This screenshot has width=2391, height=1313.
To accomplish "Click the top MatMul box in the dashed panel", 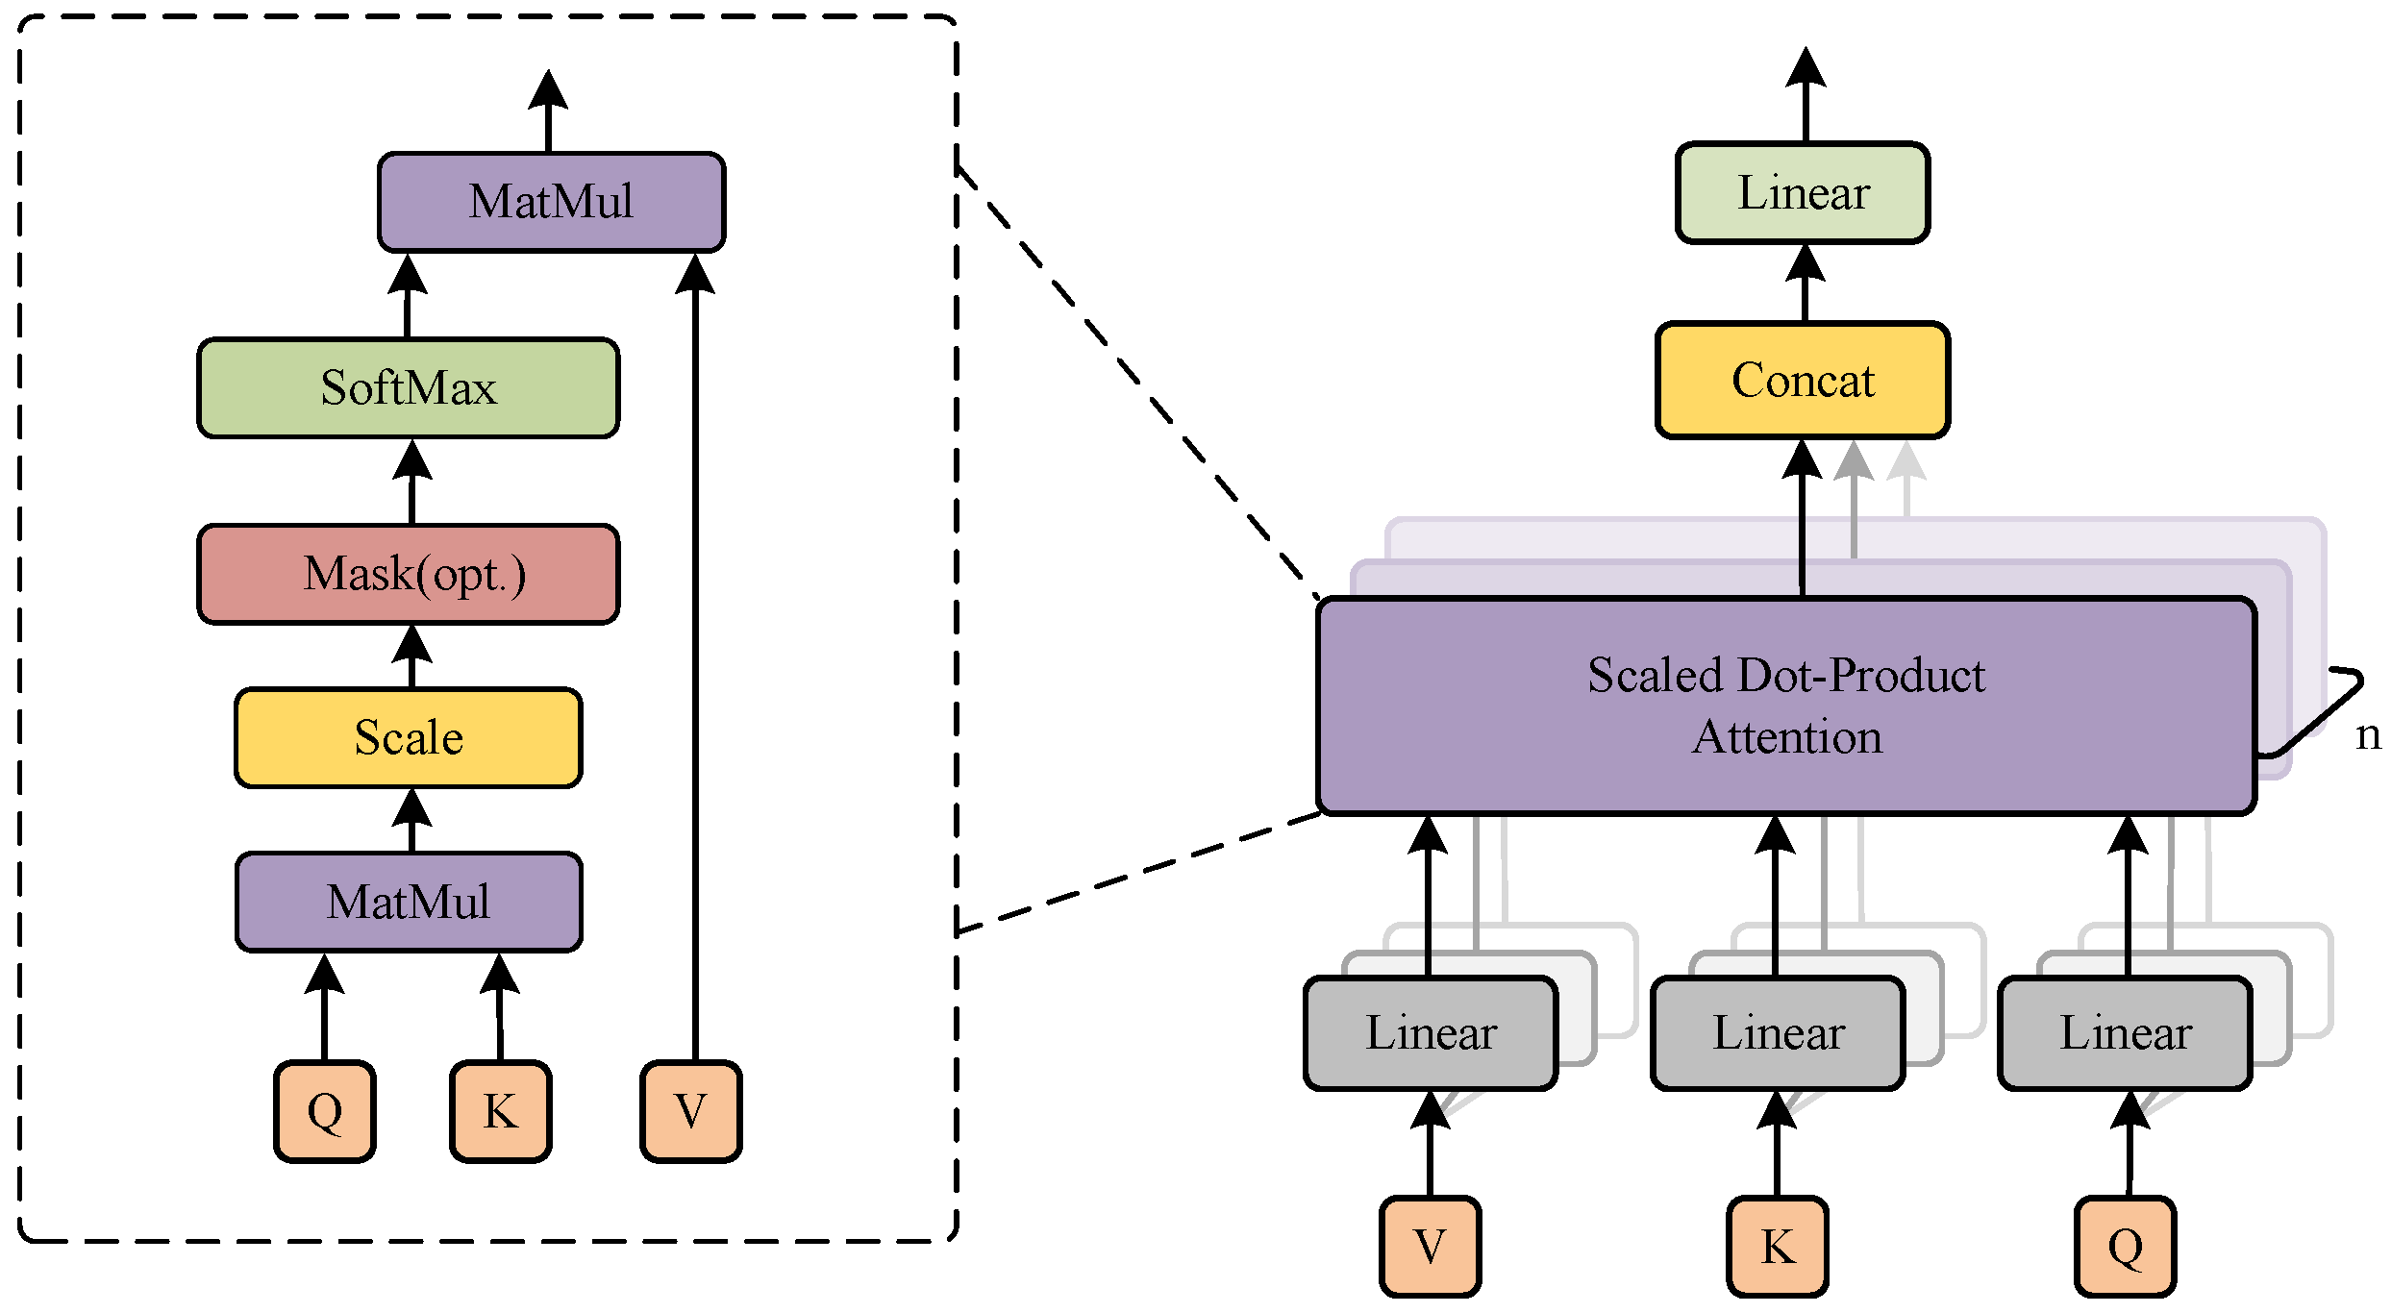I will click(x=551, y=202).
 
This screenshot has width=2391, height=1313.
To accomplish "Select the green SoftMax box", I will click(x=408, y=388).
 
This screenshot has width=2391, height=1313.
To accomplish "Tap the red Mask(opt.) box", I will click(x=408, y=574).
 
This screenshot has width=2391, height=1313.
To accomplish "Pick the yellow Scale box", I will click(x=408, y=737).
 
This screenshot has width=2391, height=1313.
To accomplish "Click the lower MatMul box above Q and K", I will click(x=408, y=902).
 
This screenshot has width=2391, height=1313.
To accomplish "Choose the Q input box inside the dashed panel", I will click(x=324, y=1111).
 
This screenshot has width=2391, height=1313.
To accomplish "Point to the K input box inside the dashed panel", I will click(x=500, y=1111).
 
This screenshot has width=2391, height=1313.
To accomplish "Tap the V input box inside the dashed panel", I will click(x=690, y=1111).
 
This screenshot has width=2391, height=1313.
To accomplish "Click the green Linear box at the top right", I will click(x=1802, y=193).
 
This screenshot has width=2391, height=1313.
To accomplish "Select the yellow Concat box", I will click(x=1802, y=381).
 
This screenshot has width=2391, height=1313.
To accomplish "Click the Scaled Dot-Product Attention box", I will click(x=1785, y=706).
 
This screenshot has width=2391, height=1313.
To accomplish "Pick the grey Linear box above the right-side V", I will click(x=1430, y=1033).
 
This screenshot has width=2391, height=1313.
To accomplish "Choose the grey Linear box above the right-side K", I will click(x=1778, y=1033).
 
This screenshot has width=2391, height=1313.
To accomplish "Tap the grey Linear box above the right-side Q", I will click(x=2125, y=1033).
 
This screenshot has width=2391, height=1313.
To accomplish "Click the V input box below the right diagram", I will click(x=1430, y=1247).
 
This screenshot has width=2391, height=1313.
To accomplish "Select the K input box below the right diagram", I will click(x=1778, y=1247).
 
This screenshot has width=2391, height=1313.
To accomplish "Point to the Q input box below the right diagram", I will click(x=2125, y=1247).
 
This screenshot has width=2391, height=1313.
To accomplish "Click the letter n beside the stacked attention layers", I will click(x=2368, y=735).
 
